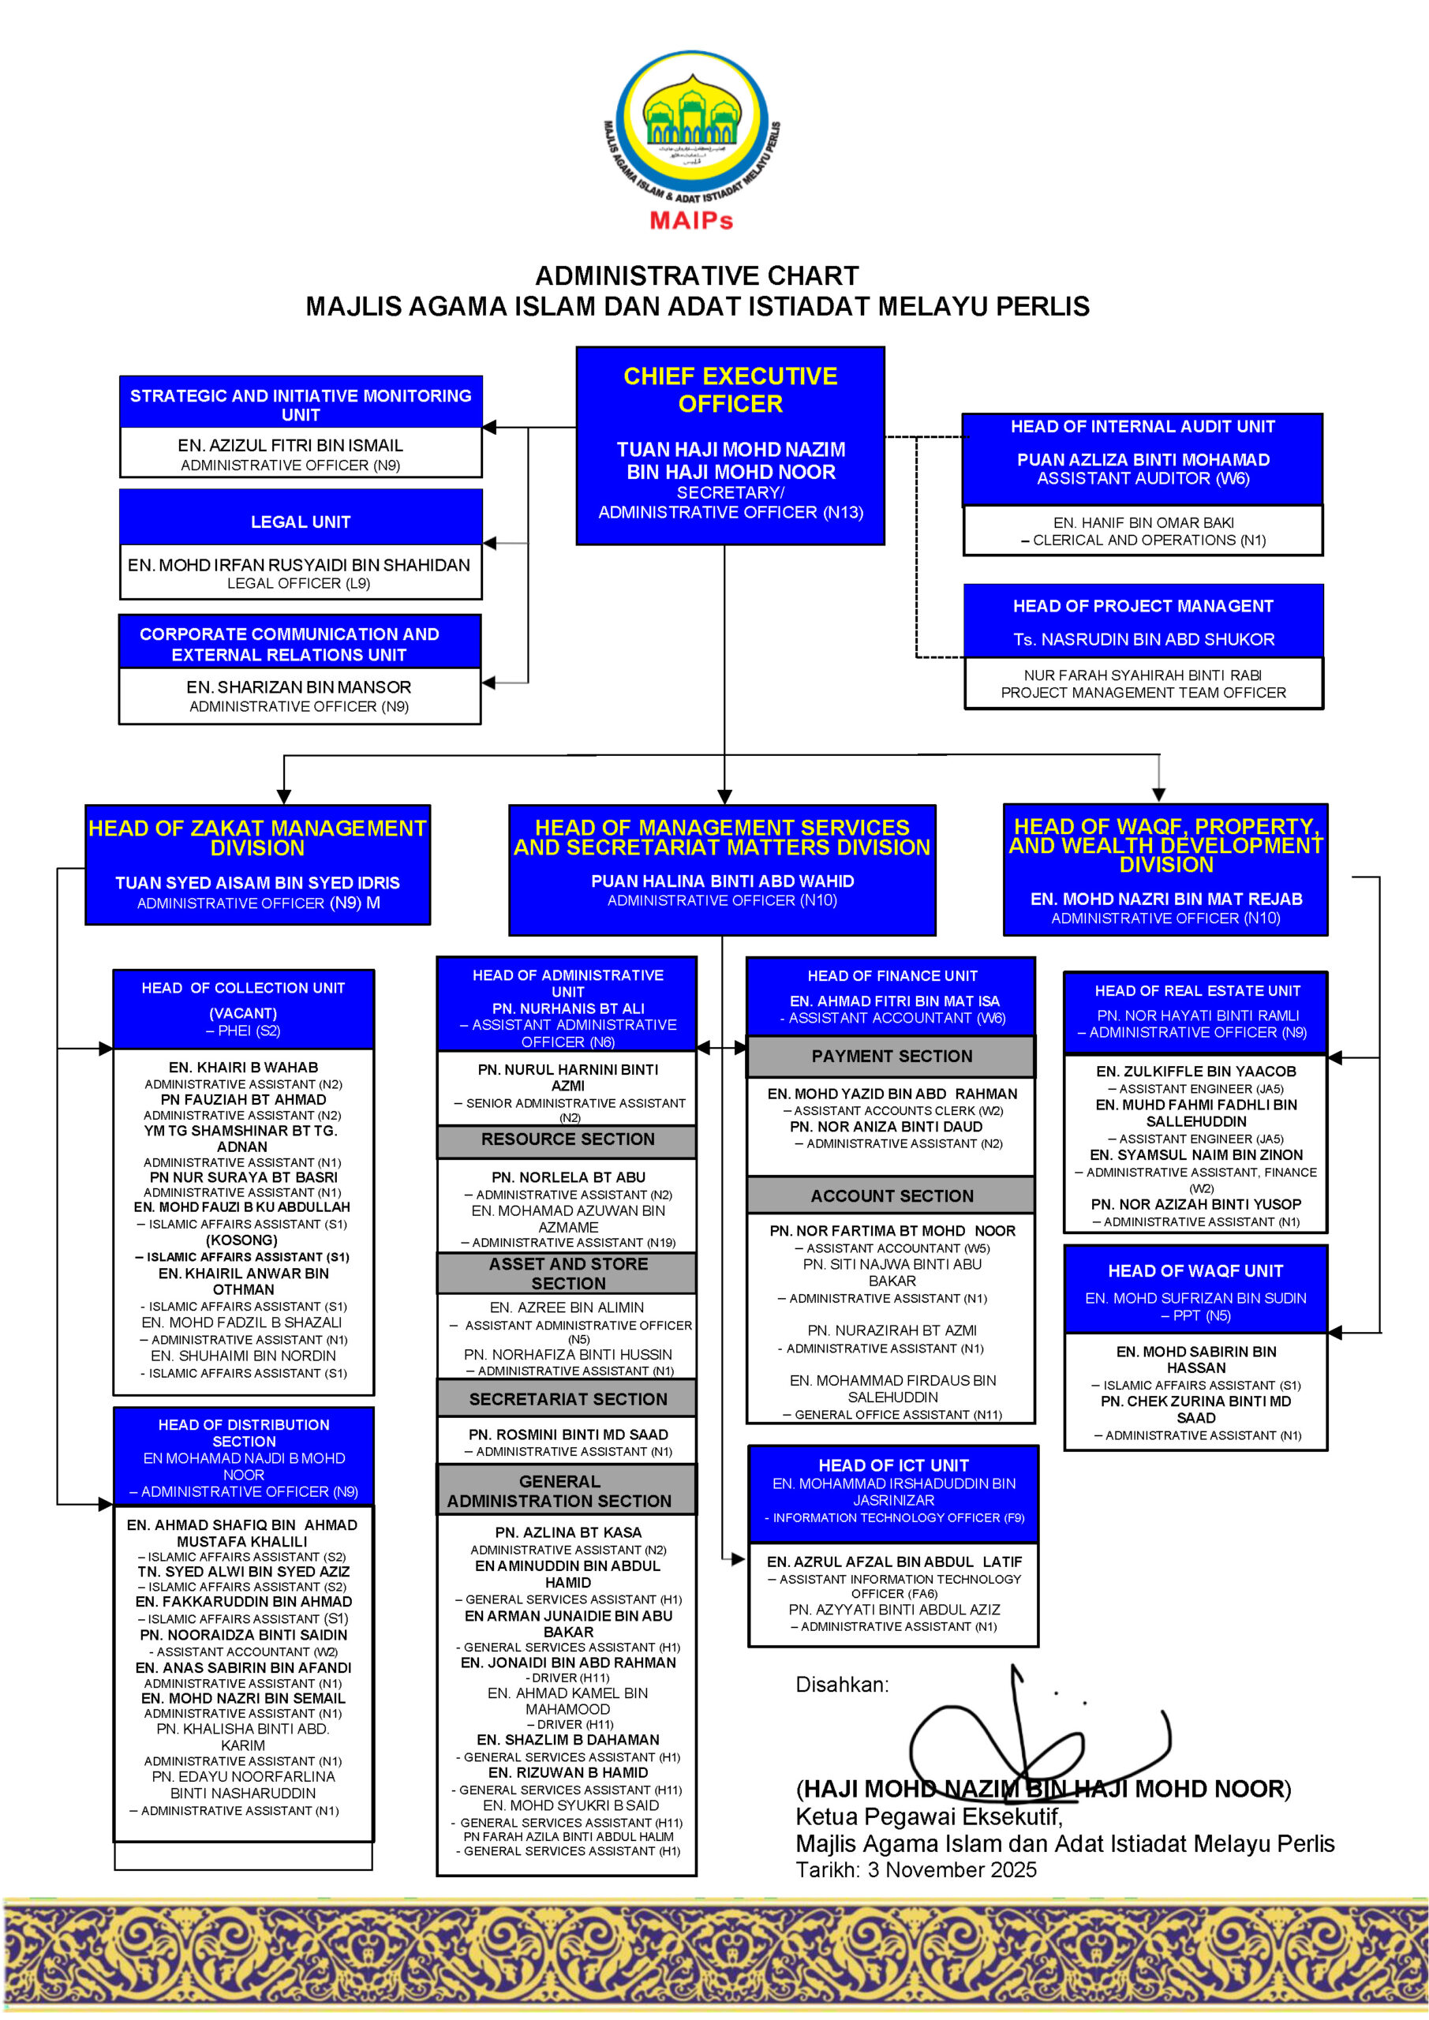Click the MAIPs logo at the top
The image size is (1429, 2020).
click(x=692, y=139)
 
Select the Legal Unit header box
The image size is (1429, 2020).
click(x=300, y=522)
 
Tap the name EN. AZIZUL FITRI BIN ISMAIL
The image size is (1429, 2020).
click(x=290, y=445)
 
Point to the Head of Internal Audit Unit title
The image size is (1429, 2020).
click(x=1142, y=427)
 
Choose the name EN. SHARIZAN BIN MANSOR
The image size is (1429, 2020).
click(x=298, y=687)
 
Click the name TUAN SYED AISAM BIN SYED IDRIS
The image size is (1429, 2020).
click(x=257, y=882)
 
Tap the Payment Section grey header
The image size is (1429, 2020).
click(x=892, y=1056)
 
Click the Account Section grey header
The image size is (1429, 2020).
click(x=892, y=1195)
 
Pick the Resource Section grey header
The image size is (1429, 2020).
click(x=567, y=1139)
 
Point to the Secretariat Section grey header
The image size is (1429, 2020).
click(x=567, y=1399)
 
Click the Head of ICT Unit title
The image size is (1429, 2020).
click(x=893, y=1464)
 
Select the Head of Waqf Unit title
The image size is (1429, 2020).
click(x=1195, y=1270)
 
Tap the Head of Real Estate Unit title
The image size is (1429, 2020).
click(x=1197, y=990)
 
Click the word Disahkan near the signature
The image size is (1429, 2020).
click(x=841, y=1684)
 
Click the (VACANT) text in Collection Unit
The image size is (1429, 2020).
click(x=243, y=1013)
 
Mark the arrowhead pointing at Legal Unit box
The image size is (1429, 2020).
click(x=490, y=544)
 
